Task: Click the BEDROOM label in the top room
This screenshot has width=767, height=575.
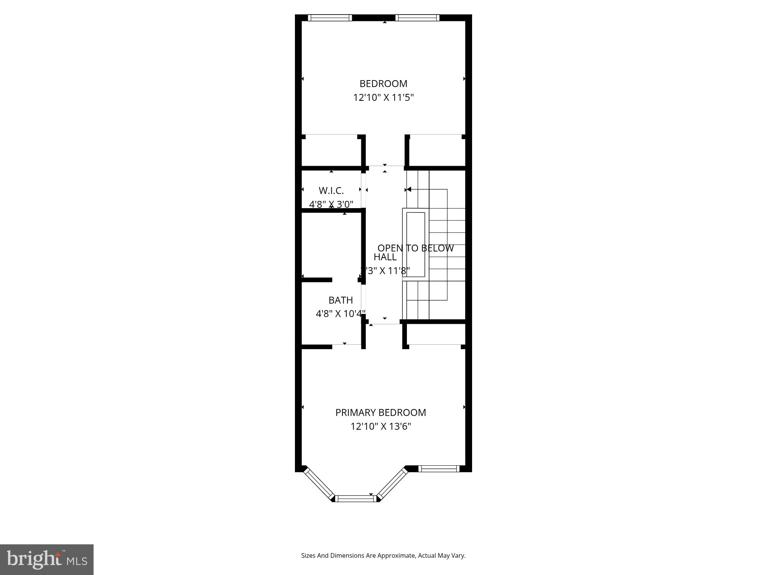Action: click(x=383, y=84)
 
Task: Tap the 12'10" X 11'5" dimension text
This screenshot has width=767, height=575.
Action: click(x=383, y=97)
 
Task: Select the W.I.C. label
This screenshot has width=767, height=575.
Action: click(x=331, y=191)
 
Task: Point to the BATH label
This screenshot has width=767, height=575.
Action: click(x=341, y=300)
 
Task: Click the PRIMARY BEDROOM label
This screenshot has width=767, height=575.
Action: click(x=380, y=412)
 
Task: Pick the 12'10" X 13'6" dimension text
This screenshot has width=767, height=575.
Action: click(x=380, y=426)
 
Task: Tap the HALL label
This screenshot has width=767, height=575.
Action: click(x=385, y=257)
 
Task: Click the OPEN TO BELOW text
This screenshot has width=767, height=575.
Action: click(x=415, y=248)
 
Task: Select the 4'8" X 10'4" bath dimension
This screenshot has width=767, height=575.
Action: click(x=340, y=314)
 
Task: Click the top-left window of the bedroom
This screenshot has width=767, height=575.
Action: click(x=330, y=18)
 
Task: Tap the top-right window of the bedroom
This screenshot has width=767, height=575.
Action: click(x=417, y=18)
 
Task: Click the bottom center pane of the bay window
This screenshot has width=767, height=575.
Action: click(x=355, y=498)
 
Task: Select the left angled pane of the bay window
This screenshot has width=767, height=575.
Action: click(x=319, y=483)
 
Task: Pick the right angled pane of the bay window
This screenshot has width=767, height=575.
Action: click(x=392, y=483)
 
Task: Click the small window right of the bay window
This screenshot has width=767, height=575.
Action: click(x=439, y=468)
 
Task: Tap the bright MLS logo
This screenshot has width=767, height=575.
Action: click(x=47, y=559)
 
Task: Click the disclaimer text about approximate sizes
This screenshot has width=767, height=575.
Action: click(x=383, y=555)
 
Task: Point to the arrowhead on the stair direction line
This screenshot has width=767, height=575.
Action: click(x=409, y=189)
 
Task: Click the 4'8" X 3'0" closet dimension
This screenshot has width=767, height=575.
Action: click(x=331, y=204)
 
